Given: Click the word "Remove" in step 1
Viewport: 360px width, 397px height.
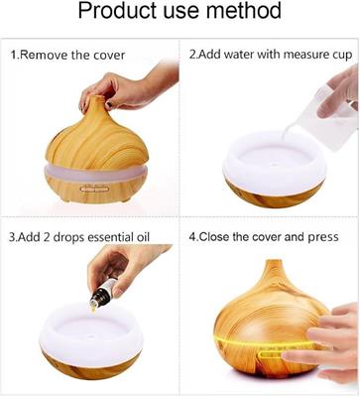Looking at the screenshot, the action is pyautogui.click(x=44, y=55).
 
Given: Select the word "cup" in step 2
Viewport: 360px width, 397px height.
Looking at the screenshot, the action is pyautogui.click(x=342, y=55).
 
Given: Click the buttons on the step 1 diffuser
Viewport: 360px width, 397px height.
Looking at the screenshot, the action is pyautogui.click(x=94, y=189).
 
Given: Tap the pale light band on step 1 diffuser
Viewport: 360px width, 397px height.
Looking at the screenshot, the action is pyautogui.click(x=95, y=173).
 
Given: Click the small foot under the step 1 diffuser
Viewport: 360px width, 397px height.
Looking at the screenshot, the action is pyautogui.click(x=126, y=199).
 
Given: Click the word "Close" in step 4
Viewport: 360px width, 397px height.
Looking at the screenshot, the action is pyautogui.click(x=215, y=237).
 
